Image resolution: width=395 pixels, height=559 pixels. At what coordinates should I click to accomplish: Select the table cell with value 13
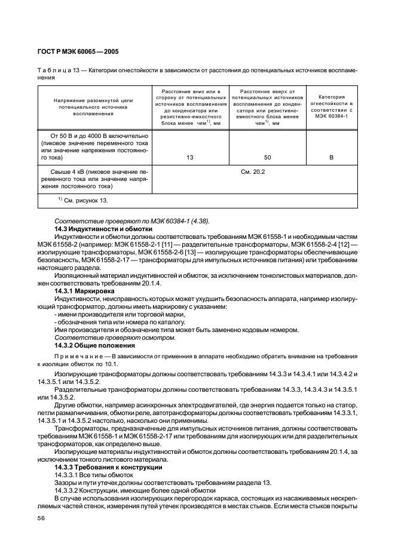point(190,158)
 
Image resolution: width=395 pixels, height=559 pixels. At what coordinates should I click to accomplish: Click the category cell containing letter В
point(331,158)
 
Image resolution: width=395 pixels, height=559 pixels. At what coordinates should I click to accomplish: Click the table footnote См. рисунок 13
point(82,200)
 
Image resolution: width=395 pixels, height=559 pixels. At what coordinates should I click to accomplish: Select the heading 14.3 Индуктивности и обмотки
point(95,229)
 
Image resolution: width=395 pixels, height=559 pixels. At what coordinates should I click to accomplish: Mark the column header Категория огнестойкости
point(331,105)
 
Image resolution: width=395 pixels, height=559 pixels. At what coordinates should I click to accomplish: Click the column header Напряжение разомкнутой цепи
point(96,106)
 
